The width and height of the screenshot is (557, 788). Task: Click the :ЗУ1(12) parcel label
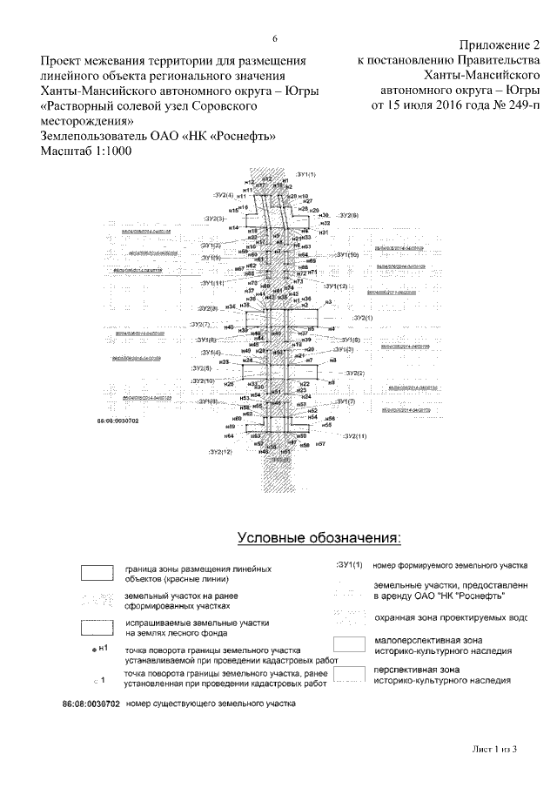(337, 286)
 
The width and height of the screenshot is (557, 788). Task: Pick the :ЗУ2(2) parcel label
(355, 373)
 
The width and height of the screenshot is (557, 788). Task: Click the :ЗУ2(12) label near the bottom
(220, 453)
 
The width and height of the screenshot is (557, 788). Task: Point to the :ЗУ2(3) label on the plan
(214, 219)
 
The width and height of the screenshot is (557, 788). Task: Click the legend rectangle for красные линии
(97, 573)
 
